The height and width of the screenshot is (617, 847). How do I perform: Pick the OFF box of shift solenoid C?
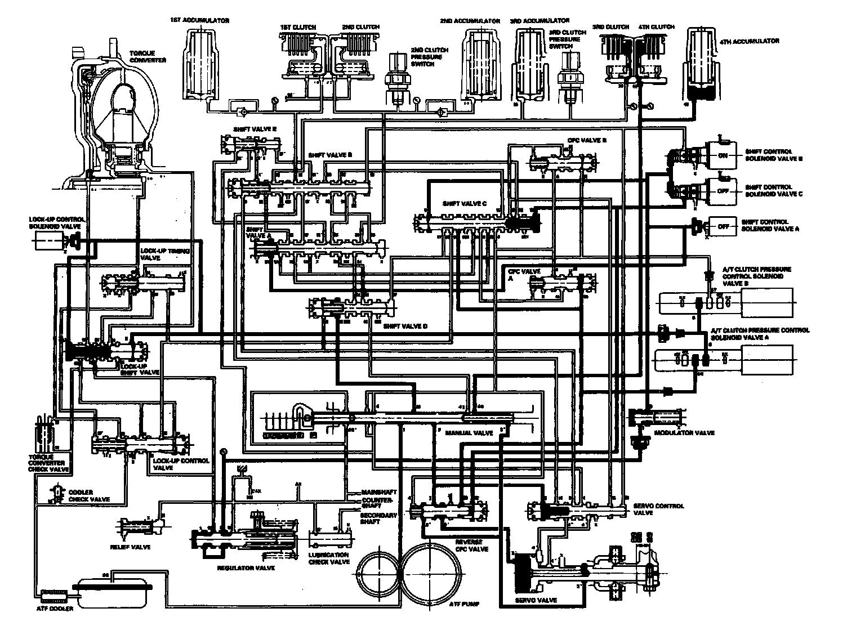pyautogui.click(x=723, y=191)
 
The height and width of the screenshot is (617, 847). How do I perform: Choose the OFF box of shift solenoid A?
pyautogui.click(x=723, y=226)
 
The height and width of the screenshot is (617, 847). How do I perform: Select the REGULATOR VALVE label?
pyautogui.click(x=246, y=568)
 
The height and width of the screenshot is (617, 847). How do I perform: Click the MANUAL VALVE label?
pyautogui.click(x=461, y=433)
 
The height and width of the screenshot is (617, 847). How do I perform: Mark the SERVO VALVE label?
pyautogui.click(x=536, y=600)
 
